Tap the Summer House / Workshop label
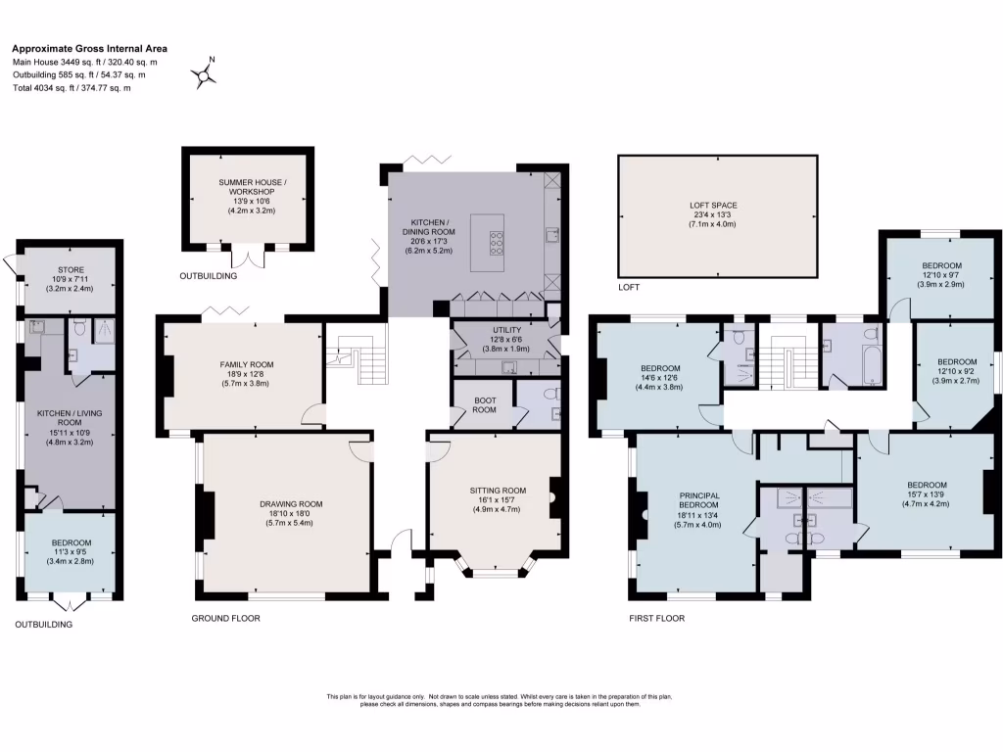point(253,187)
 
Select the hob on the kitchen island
point(497,243)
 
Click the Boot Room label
point(484,404)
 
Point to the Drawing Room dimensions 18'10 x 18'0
point(291,513)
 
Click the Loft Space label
point(713,206)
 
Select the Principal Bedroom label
point(699,500)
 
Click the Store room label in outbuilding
point(71,270)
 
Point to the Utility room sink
point(509,367)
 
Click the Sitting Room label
point(498,491)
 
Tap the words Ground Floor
point(226,619)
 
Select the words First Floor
point(657,619)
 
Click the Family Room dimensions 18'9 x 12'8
point(246,374)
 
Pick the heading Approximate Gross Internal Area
point(89,48)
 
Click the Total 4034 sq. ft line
point(72,87)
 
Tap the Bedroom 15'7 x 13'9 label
point(927,485)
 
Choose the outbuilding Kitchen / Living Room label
point(70,417)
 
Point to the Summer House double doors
point(247,258)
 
